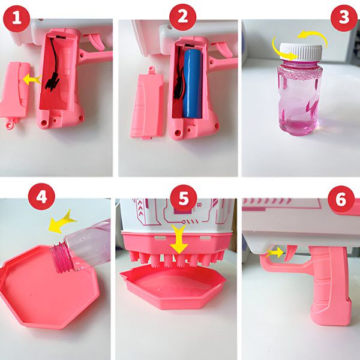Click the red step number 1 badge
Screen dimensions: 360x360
coord(17,19)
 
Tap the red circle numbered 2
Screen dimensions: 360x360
coord(183,17)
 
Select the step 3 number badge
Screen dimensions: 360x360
coord(344,18)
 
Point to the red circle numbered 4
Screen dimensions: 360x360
coord(41,197)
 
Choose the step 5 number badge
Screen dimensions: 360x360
coord(184,199)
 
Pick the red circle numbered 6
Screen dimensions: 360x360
coord(341,199)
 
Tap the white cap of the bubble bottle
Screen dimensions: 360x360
coord(301,52)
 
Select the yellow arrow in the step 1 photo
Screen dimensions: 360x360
coord(32,79)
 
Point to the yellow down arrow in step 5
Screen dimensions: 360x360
coord(179,239)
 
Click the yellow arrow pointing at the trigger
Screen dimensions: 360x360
coord(275,253)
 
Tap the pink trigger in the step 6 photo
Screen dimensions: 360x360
coord(290,254)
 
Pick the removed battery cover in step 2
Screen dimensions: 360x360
coord(147,104)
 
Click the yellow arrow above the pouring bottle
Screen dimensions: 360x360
coord(61,222)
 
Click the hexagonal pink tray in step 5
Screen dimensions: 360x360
coord(173,287)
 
